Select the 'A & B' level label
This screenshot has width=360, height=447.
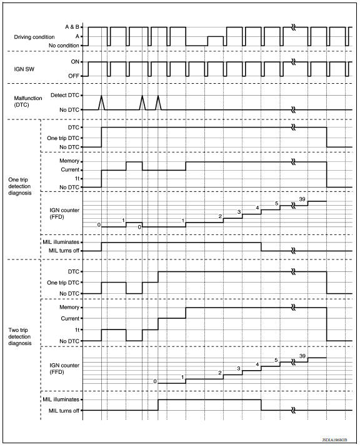pos(72,28)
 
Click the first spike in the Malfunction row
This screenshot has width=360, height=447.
pos(101,102)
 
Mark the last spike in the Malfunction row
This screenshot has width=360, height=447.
pos(158,102)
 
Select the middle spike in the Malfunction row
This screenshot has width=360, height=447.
pos(142,102)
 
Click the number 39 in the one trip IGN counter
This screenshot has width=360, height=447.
pos(302,198)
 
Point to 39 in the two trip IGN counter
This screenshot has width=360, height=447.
pos(302,355)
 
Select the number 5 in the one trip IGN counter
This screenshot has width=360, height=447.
pos(276,204)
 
